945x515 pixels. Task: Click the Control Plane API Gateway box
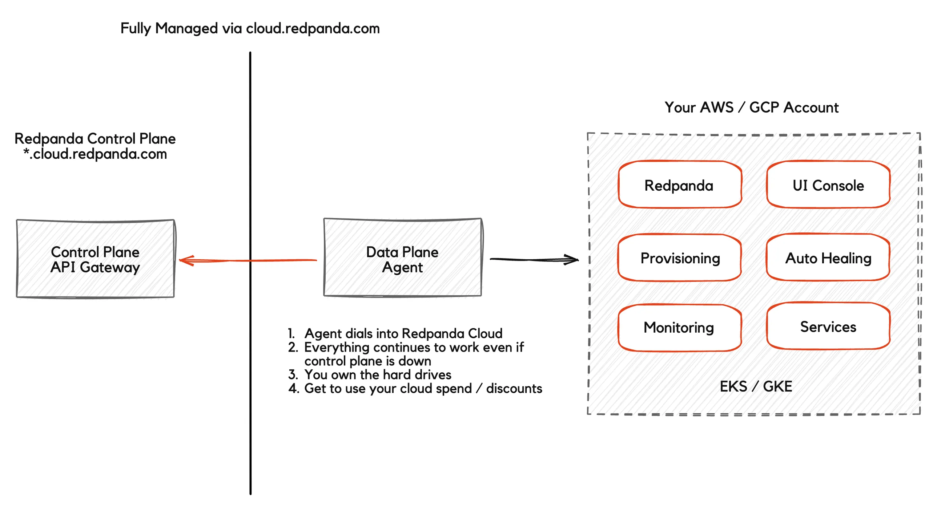95,259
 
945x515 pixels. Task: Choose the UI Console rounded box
828,185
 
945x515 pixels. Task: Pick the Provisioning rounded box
680,258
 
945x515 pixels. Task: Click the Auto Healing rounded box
828,258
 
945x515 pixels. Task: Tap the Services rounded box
828,327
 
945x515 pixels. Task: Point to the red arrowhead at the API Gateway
186,261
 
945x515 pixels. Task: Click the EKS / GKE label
756,386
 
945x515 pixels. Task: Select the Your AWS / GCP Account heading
751,108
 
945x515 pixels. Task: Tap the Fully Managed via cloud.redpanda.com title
250,28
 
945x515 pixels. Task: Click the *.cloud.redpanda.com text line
95,154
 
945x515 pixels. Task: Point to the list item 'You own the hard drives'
378,374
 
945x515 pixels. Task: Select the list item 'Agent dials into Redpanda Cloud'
403,333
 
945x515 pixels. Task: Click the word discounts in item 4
514,389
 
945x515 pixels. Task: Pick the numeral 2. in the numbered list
293,347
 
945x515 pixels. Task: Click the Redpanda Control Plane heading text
95,138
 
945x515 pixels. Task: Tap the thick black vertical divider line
250,366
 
